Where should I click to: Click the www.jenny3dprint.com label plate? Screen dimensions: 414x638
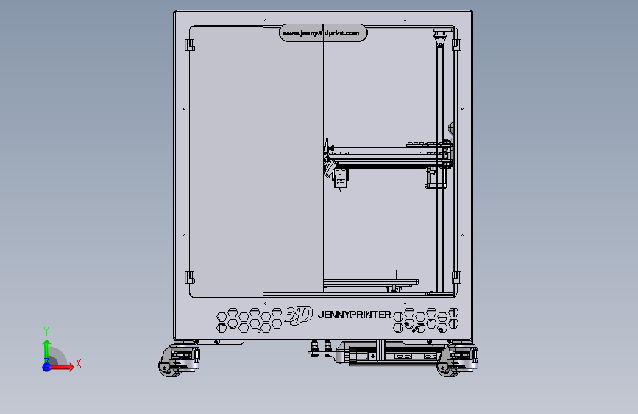tap(323, 33)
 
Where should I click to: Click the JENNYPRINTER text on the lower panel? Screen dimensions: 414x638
tap(354, 315)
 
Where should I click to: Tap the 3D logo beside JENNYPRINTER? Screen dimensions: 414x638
tap(299, 315)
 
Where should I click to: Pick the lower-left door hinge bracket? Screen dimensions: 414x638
tap(189, 278)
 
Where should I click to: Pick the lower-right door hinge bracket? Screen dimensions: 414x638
tap(456, 278)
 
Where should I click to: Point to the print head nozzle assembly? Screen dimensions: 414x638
tap(340, 179)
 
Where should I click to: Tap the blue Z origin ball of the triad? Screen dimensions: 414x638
tap(46, 365)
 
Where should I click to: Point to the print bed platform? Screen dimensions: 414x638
tap(370, 281)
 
